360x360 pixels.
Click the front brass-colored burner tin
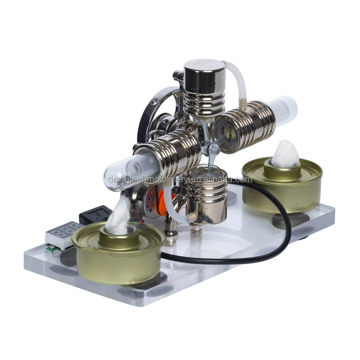pos(119,256)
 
